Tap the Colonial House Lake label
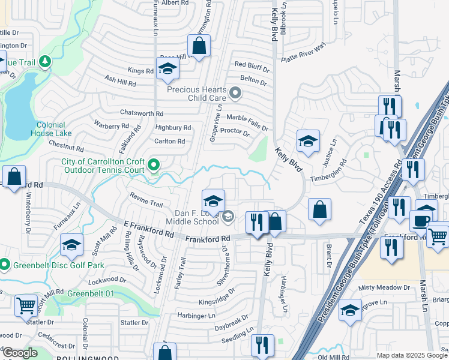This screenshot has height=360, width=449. tap(54, 129)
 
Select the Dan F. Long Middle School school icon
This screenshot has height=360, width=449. tap(213, 201)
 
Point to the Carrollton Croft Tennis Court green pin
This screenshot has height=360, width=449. tap(154, 164)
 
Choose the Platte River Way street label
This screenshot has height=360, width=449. tap(305, 49)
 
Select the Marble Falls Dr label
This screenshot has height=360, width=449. tap(247, 122)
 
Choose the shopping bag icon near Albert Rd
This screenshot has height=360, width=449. tap(199, 46)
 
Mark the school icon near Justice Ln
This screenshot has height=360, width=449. tap(309, 141)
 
